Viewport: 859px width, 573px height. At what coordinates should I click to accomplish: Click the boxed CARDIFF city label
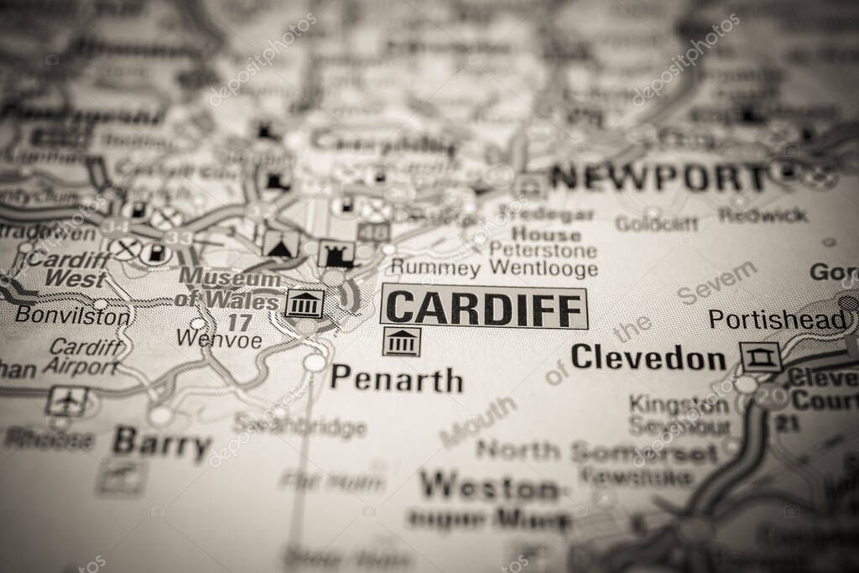(x=483, y=307)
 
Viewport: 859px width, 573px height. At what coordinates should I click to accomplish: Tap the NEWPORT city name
(x=659, y=177)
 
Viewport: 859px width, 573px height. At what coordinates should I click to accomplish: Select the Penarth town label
(x=396, y=379)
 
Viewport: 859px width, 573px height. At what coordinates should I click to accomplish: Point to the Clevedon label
(x=648, y=359)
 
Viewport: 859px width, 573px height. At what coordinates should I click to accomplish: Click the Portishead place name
(x=777, y=320)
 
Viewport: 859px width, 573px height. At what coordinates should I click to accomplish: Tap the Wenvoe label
(x=219, y=339)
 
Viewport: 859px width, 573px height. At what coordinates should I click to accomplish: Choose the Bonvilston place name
(x=73, y=316)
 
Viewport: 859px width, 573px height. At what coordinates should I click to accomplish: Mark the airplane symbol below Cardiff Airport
(x=67, y=401)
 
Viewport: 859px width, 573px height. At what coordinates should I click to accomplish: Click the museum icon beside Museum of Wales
(x=305, y=303)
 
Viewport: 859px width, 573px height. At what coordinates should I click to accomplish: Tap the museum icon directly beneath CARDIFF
(x=402, y=341)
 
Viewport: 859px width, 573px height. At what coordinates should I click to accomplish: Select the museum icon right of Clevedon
(x=761, y=357)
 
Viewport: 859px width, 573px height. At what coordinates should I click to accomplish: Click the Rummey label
(x=435, y=269)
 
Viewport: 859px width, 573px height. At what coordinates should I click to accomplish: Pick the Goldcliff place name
(x=656, y=224)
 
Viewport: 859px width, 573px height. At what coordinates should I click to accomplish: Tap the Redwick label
(x=762, y=215)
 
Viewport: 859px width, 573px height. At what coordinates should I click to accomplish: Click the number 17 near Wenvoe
(x=239, y=321)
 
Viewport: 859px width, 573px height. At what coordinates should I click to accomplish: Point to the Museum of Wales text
(x=228, y=289)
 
